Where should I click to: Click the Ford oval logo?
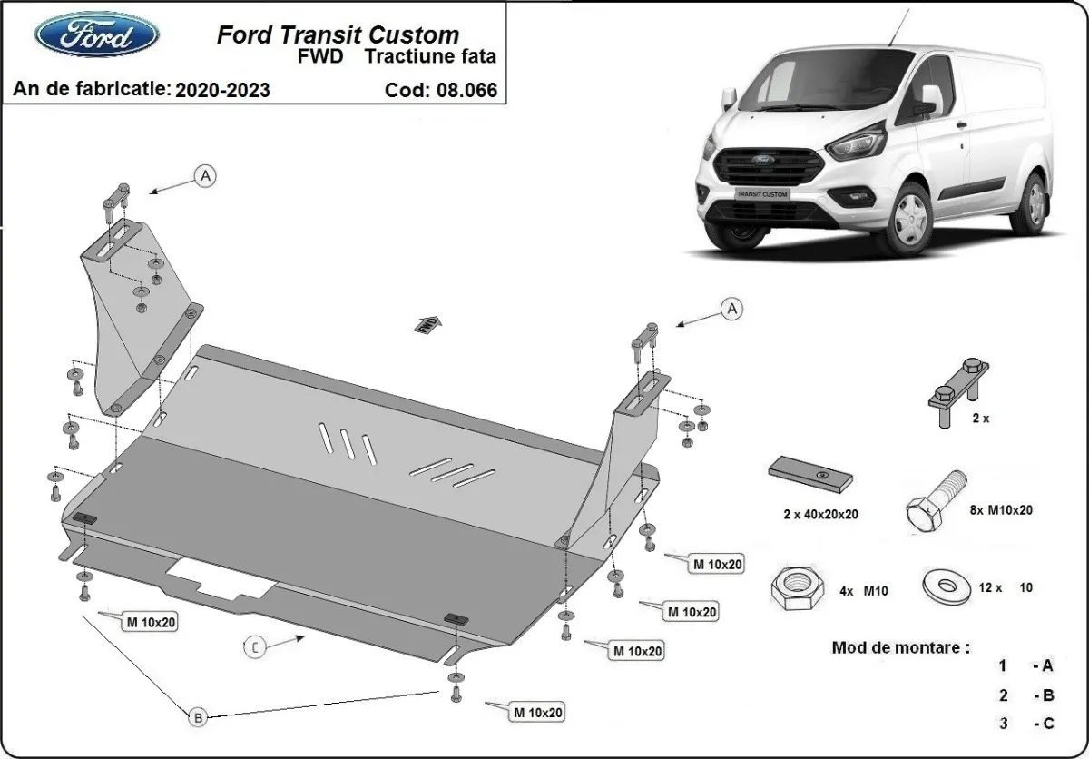click(x=96, y=35)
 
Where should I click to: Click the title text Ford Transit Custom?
click(x=338, y=35)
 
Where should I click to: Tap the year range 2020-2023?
click(x=222, y=90)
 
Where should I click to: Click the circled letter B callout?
click(x=198, y=717)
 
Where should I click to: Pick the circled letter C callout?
click(x=257, y=646)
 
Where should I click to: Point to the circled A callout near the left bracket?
click(x=206, y=176)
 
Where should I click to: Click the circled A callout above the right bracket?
click(x=731, y=309)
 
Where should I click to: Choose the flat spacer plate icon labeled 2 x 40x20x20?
click(x=811, y=473)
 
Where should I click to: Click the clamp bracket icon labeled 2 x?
click(x=958, y=392)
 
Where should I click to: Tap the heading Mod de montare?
click(x=900, y=648)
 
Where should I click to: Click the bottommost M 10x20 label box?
click(x=536, y=713)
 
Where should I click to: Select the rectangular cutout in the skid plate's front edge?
click(x=221, y=578)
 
